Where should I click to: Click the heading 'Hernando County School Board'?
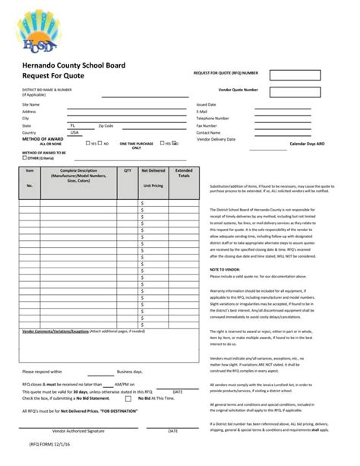(x=73, y=66)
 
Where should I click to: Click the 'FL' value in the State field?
(x=72, y=125)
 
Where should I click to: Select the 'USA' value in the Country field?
(x=74, y=132)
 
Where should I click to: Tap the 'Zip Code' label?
(x=106, y=125)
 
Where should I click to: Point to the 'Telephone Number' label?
(x=213, y=119)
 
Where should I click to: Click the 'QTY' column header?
(x=128, y=171)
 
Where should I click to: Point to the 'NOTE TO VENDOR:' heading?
(x=225, y=269)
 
